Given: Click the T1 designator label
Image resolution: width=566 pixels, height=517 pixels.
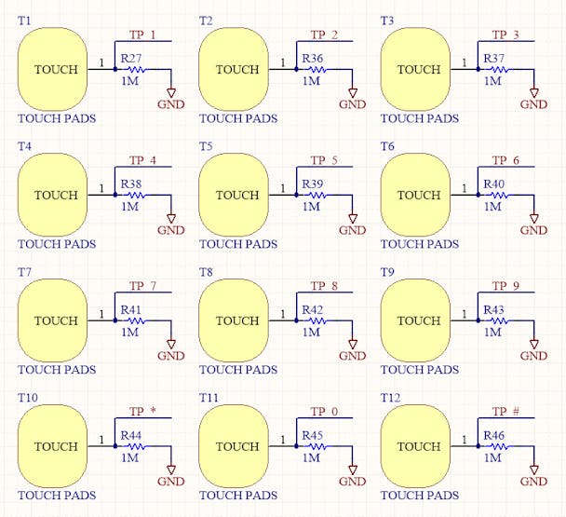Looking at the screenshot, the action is pos(24,20).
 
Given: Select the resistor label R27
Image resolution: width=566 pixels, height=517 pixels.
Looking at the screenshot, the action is pos(131,58).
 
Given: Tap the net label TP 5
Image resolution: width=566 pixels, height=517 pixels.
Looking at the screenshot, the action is pos(324,160).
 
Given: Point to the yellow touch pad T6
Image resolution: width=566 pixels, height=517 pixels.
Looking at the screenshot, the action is pos(415,195).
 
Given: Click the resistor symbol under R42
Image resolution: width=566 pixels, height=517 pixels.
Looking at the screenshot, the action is pos(317,320).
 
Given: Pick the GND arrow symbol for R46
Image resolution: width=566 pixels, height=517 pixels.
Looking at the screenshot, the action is pos(533,469).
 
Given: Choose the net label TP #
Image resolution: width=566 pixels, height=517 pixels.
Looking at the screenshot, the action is pos(505,412).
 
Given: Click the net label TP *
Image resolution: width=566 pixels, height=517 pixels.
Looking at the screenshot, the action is pos(143,412).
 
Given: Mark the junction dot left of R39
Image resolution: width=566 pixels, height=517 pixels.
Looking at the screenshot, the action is pos(296,195).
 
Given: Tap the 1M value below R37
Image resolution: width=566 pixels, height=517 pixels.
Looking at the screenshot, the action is pos(492,81).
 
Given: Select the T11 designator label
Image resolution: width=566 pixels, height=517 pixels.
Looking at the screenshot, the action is pos(209,398).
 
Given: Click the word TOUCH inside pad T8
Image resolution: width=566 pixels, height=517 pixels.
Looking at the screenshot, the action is pos(237,320).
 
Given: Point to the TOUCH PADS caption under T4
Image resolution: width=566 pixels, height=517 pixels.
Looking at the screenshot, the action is pos(57,244).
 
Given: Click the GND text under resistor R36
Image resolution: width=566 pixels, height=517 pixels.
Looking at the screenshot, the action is pos(353,104).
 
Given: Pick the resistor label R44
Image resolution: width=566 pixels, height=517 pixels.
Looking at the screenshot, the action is pos(131,435).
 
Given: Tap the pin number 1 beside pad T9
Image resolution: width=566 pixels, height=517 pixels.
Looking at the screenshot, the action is pos(465,314).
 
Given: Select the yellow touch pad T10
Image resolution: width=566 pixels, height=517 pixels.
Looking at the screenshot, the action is pos(53,446).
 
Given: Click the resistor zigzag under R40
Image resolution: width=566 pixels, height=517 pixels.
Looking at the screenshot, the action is pos(498,195).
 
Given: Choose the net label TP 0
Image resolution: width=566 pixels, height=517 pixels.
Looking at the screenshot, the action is pos(324,412).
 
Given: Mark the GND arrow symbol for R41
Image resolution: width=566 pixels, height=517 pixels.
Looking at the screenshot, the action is pos(171,344).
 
